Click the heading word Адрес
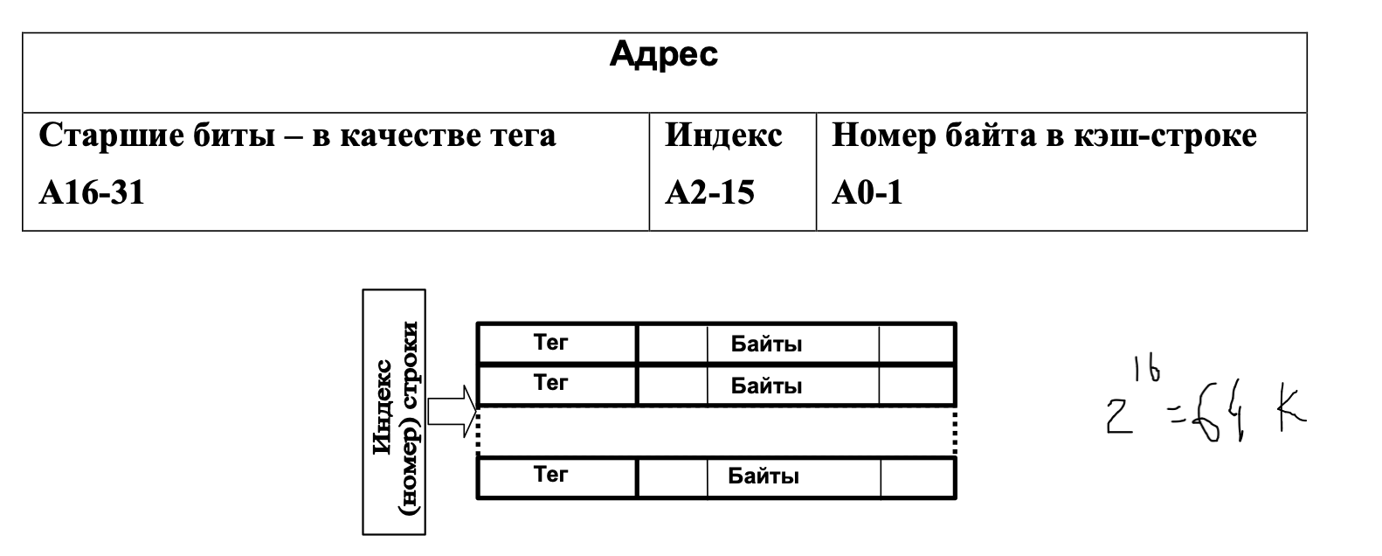(663, 54)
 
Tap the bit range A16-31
(92, 192)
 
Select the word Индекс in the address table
(723, 136)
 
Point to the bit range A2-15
(709, 192)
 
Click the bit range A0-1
(867, 192)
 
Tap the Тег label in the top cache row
(550, 343)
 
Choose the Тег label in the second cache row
(550, 382)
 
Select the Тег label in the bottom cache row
(550, 475)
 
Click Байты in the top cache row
(766, 344)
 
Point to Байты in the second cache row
(766, 386)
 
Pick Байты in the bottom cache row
(764, 476)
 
